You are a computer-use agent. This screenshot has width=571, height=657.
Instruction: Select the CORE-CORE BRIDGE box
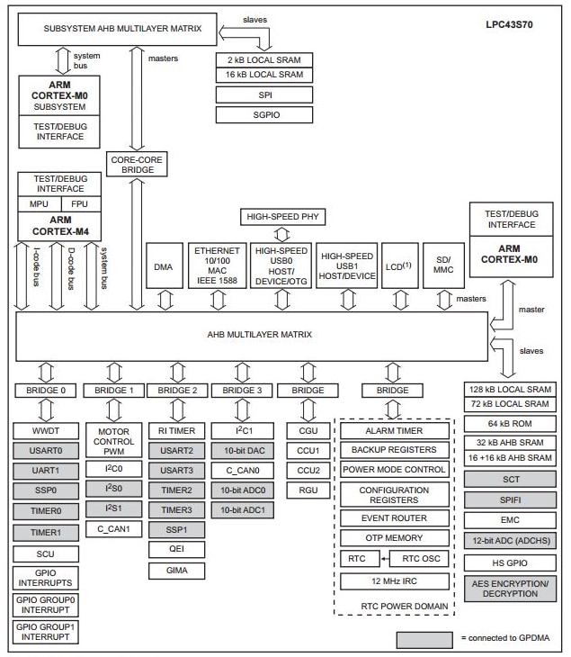[x=137, y=164]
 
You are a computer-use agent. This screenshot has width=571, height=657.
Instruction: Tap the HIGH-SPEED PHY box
[x=282, y=217]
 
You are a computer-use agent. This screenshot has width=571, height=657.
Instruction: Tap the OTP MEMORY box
[x=393, y=537]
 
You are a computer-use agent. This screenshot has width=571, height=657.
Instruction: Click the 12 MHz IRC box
[x=393, y=580]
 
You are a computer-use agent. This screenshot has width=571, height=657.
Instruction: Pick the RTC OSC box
[x=418, y=559]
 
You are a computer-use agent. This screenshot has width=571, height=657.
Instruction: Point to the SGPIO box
[x=264, y=114]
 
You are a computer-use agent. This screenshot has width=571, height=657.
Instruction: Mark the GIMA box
[x=176, y=570]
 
